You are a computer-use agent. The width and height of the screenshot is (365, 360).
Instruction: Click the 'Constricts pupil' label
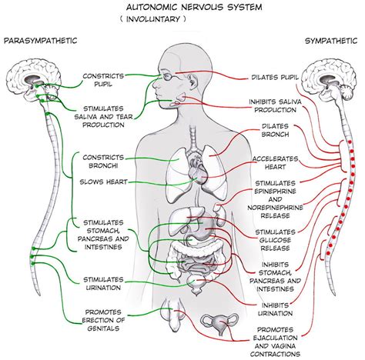coord(105,80)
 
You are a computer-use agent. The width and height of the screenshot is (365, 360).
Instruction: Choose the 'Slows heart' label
coord(104,182)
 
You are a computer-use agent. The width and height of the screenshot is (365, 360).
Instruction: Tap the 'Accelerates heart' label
coord(275,164)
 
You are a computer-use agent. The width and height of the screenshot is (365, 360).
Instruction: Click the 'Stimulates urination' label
coord(105,282)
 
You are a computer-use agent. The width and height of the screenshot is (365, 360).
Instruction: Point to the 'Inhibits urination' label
coord(274,306)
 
